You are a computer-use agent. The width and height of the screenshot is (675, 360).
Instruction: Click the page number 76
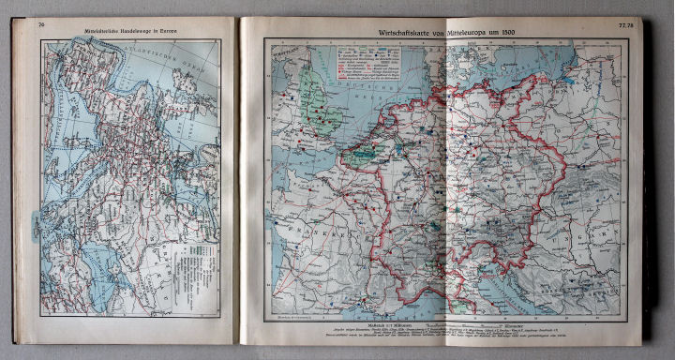(40, 25)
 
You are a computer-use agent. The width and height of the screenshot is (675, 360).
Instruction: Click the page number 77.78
(625, 25)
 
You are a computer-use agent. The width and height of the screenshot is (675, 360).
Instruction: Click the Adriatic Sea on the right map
(525, 300)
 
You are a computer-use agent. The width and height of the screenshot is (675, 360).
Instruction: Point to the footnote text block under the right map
(450, 338)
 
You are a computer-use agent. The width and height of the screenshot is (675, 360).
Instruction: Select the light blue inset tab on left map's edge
(37, 224)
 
